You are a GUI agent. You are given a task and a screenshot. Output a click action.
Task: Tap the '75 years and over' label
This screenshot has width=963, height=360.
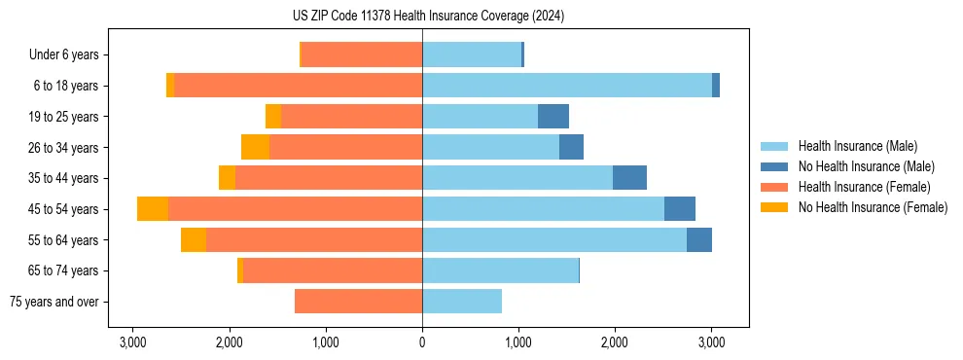[53, 302]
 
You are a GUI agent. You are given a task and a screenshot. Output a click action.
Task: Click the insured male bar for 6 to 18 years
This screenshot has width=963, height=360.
[566, 86]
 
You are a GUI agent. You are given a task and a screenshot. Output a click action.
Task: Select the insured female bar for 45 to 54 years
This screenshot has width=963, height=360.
[295, 209]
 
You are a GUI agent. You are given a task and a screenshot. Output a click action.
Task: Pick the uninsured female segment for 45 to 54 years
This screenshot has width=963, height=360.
[153, 209]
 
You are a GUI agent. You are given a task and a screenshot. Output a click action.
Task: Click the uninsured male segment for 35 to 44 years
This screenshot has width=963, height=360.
[629, 178]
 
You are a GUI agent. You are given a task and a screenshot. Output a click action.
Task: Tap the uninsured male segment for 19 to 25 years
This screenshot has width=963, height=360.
[553, 117]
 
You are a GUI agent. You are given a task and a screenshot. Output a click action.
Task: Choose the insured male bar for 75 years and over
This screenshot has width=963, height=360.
[462, 302]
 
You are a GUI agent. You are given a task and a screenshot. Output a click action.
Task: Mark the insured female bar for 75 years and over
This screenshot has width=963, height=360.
[358, 302]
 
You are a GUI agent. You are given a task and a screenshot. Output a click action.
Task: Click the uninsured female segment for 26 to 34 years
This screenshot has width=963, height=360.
[255, 147]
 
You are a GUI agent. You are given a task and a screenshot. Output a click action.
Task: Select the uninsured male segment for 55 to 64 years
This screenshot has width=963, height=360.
[698, 240]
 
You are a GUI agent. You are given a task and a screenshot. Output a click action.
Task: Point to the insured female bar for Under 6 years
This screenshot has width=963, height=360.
[362, 55]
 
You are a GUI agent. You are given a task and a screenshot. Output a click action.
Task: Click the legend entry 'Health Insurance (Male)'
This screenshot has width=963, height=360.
[857, 146]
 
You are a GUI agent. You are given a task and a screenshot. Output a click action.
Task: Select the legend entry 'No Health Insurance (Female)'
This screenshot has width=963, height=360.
[873, 207]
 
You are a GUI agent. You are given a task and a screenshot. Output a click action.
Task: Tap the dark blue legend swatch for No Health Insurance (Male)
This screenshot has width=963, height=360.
[774, 166]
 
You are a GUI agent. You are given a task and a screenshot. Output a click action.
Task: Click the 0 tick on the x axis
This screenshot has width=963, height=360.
[422, 342]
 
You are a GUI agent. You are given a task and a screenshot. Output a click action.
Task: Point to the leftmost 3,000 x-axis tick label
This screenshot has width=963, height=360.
[132, 342]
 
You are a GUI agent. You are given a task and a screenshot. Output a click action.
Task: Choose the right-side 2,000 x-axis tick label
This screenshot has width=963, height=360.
[615, 342]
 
